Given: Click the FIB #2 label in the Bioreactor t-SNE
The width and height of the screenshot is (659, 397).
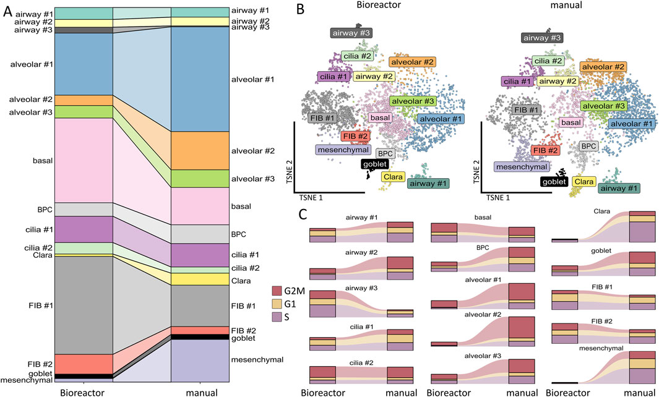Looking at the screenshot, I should pos(356,136).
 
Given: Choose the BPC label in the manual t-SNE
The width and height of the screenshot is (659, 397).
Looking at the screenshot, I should pos(588,146).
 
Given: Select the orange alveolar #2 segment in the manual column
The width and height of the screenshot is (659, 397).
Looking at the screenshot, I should pos(199,150).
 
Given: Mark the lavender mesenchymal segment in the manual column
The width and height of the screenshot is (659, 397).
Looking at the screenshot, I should pos(199,361).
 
